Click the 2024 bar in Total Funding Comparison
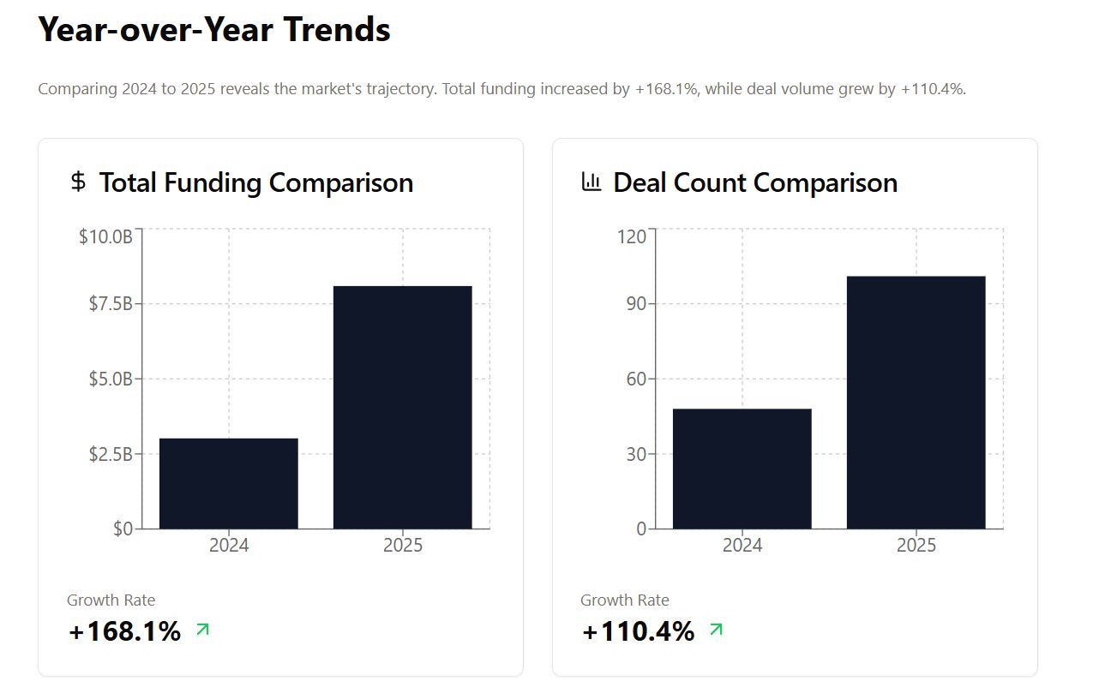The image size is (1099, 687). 229,483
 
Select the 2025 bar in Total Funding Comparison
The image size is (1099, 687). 402,407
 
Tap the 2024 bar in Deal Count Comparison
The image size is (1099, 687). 742,469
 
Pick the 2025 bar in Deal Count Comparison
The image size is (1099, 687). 916,402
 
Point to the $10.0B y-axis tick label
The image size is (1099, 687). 105,236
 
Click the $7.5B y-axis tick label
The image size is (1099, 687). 111,303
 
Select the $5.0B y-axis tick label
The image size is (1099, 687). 111,379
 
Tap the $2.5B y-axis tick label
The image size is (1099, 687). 111,453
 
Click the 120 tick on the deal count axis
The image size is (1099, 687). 632,236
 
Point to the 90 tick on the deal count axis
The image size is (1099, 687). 635,303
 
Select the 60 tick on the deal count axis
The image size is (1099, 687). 635,379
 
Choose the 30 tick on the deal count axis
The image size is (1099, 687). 635,453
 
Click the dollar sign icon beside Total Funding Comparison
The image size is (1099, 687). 78,182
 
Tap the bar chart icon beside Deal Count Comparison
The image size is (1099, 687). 592,182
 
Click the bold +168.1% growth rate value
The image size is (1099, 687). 124,631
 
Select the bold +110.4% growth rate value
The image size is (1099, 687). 638,631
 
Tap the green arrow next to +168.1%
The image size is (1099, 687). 202,630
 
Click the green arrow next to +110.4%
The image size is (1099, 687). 716,630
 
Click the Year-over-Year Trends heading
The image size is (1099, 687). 214,29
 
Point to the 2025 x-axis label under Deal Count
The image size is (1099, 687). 916,545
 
